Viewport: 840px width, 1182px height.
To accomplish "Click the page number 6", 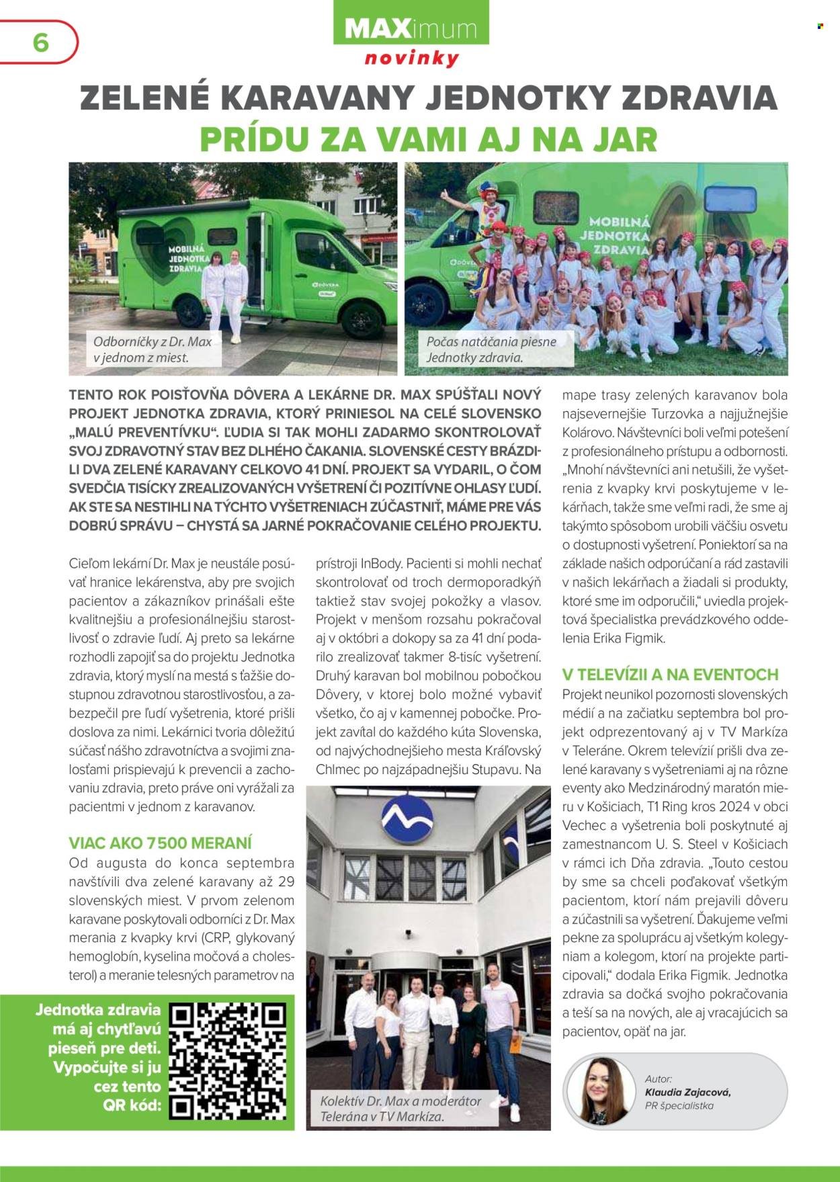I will pyautogui.click(x=40, y=42).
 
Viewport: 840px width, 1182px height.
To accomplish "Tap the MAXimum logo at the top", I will pyautogui.click(x=411, y=29).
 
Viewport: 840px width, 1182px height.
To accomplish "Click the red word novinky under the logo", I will pyautogui.click(x=411, y=58).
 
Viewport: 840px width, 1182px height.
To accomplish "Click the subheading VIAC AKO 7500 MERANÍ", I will pyautogui.click(x=161, y=843).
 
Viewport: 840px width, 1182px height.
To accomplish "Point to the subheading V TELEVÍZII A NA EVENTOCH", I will pyautogui.click(x=670, y=675).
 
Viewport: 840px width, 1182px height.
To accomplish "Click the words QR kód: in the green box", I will pyautogui.click(x=132, y=1105).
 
